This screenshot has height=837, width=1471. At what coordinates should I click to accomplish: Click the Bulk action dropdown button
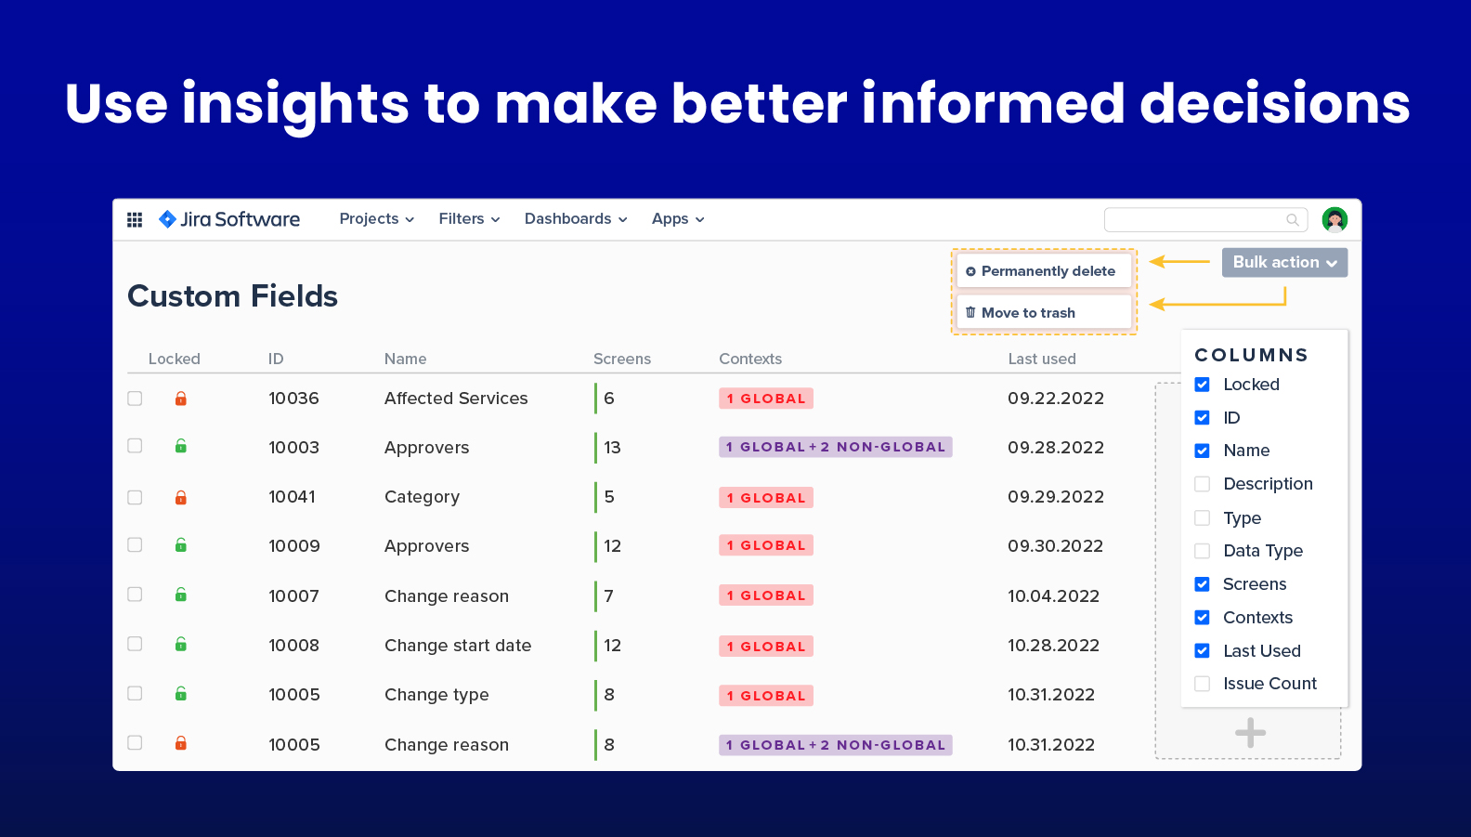pos(1284,262)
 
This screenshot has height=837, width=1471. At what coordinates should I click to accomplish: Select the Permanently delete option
pos(1044,270)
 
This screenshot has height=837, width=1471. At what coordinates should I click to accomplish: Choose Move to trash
pos(1044,313)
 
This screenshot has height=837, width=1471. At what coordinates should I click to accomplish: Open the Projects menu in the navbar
pos(376,219)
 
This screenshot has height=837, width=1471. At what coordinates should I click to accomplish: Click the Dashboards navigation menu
pos(575,219)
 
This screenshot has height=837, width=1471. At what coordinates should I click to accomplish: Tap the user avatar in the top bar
pos(1334,219)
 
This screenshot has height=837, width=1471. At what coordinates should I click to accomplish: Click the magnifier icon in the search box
pos(1293,220)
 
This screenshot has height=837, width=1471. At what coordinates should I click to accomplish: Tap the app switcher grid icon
pos(135,219)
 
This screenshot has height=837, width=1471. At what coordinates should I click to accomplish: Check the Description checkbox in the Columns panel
pos(1202,484)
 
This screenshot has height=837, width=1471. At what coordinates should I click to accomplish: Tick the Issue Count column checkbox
pos(1202,684)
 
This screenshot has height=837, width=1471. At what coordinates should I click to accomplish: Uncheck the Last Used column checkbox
pos(1202,650)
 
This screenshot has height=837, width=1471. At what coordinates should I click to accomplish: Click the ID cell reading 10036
pos(293,399)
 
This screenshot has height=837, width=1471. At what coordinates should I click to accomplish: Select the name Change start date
pos(458,645)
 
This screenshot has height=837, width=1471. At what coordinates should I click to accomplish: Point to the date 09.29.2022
pos(1056,497)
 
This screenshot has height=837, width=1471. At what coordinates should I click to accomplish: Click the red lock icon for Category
pos(180,497)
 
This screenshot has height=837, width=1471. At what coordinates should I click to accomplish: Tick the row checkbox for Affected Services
pos(135,399)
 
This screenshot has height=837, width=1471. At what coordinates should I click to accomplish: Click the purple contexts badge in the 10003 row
pos(835,447)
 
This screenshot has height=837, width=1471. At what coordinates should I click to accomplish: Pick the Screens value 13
pos(612,448)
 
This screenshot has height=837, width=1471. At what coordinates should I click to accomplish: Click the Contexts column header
pos(750,359)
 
